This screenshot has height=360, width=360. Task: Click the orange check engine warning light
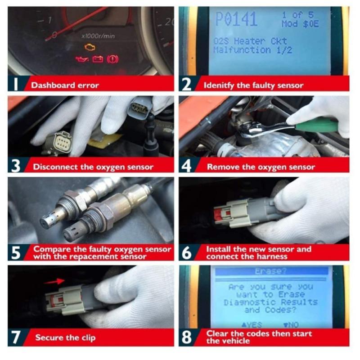90,47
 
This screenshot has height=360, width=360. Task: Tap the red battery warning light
98,59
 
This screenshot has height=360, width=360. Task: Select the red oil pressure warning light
82,59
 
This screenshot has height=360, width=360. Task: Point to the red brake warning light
112,59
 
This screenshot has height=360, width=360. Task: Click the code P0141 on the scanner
236,20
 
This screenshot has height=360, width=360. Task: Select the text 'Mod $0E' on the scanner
300,24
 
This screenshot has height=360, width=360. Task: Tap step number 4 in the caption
187,166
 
